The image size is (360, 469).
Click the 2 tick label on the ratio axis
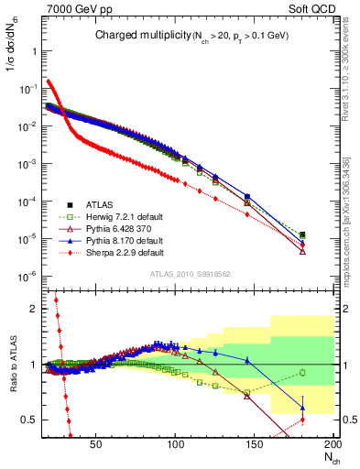31,309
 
